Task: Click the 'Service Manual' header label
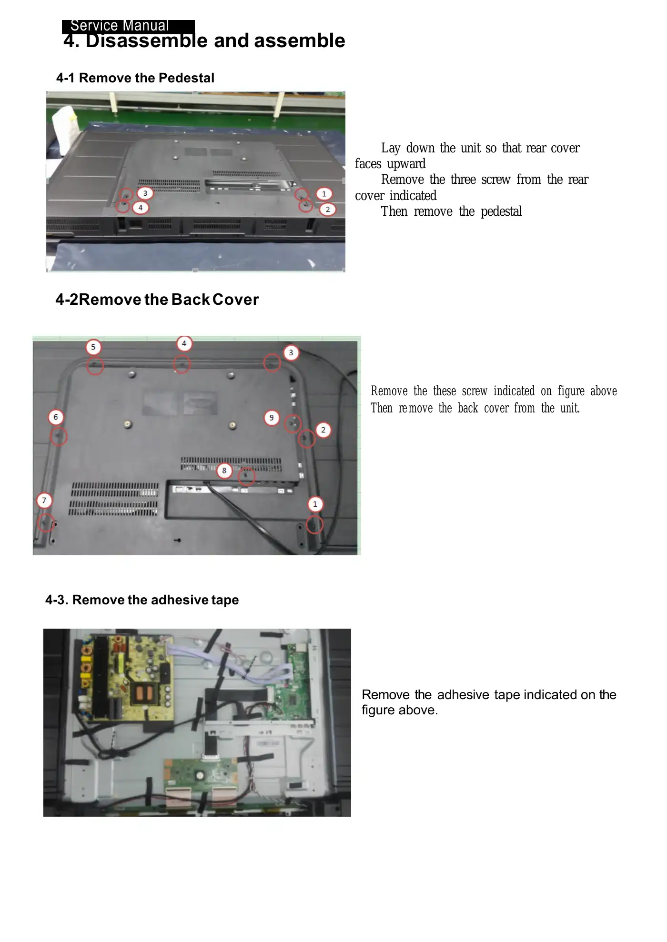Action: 120,26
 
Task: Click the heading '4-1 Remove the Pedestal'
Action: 135,78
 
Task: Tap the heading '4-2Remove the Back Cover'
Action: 157,300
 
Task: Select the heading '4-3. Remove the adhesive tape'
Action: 142,600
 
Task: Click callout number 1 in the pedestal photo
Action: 324,194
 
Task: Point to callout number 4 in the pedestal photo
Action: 140,208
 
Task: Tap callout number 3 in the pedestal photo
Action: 145,193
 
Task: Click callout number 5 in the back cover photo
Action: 93,347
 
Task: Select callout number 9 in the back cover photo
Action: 272,418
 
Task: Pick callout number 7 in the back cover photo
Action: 44,500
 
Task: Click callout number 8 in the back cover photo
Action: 224,471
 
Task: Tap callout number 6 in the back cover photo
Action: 56,417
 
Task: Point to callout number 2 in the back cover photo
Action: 323,430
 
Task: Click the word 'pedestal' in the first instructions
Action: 501,211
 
